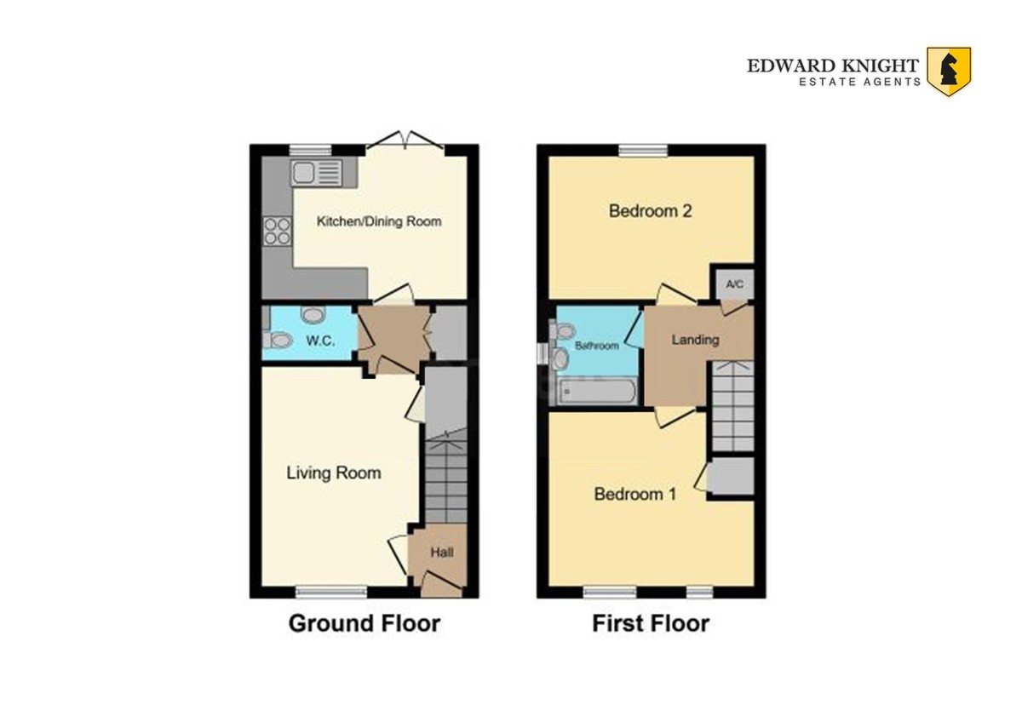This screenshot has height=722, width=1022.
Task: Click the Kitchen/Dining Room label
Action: click(x=379, y=221)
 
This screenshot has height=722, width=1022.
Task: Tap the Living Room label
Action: click(x=334, y=473)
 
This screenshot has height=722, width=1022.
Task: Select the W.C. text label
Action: click(x=321, y=341)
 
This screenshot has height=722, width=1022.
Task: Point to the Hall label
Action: click(x=442, y=553)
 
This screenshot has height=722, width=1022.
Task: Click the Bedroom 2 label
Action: click(x=650, y=210)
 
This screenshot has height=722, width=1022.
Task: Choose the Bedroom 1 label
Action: click(x=635, y=494)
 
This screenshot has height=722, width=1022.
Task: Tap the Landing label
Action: click(x=695, y=340)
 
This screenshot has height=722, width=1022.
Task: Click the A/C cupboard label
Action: click(x=734, y=284)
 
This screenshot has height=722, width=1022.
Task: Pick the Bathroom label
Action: click(x=597, y=346)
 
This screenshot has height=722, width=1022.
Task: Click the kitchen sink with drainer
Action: click(x=317, y=173)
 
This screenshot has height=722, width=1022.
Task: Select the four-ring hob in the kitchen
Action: click(x=278, y=232)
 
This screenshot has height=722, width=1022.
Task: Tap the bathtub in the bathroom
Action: click(x=598, y=392)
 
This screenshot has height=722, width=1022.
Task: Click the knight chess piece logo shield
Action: click(x=950, y=72)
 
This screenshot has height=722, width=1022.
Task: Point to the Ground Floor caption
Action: click(x=365, y=623)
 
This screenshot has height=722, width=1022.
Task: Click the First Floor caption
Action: click(x=651, y=623)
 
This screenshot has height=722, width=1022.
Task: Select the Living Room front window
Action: click(x=331, y=592)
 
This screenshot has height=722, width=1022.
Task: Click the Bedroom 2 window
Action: click(x=643, y=150)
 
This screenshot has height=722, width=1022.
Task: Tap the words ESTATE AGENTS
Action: click(x=859, y=82)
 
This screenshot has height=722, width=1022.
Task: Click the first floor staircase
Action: click(x=732, y=406)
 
